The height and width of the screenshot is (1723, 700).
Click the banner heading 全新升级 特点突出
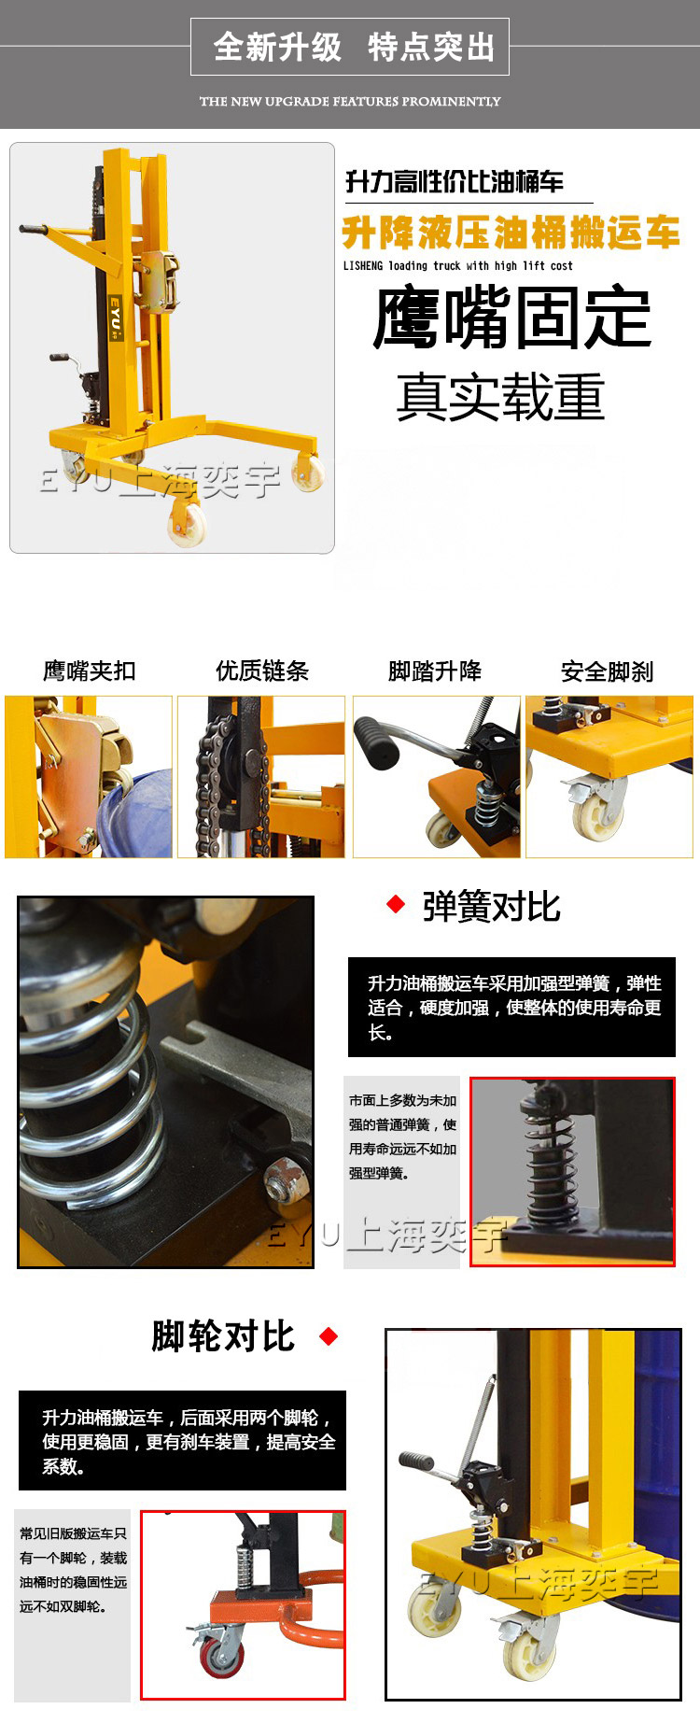[354, 47]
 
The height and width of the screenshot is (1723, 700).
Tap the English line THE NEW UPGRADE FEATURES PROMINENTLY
[350, 101]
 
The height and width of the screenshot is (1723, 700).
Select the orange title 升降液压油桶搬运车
[511, 233]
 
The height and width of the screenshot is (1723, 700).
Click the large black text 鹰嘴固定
[511, 318]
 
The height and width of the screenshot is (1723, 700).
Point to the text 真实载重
[501, 396]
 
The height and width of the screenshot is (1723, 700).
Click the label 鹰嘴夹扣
[90, 671]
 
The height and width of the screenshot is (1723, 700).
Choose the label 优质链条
[262, 671]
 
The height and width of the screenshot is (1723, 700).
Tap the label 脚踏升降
[435, 671]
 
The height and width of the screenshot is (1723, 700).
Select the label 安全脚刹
[608, 671]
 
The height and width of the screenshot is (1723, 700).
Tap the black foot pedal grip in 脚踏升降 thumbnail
[377, 741]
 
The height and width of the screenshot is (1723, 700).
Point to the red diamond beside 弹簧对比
[396, 903]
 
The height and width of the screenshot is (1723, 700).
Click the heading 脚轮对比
[223, 1335]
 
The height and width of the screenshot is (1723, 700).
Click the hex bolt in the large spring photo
[279, 1179]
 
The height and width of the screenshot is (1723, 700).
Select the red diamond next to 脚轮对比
[329, 1335]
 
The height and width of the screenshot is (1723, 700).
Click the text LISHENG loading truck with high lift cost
[458, 266]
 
